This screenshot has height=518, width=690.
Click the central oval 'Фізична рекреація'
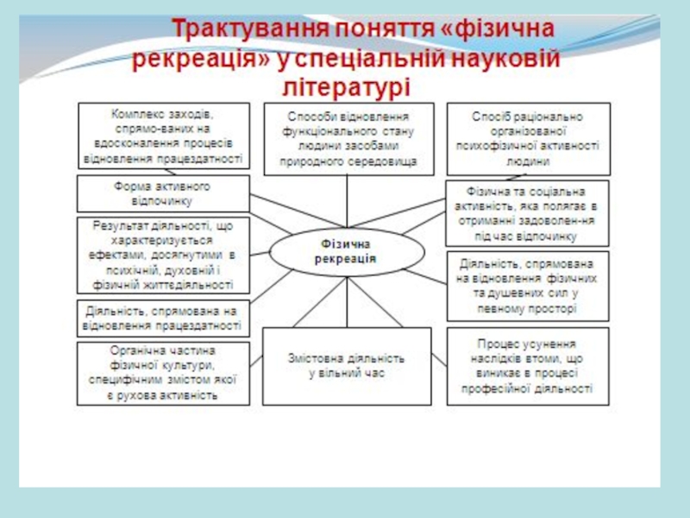(x=347, y=253)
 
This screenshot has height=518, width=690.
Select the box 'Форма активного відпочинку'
(x=162, y=193)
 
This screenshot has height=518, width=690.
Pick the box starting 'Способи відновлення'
(x=349, y=138)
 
